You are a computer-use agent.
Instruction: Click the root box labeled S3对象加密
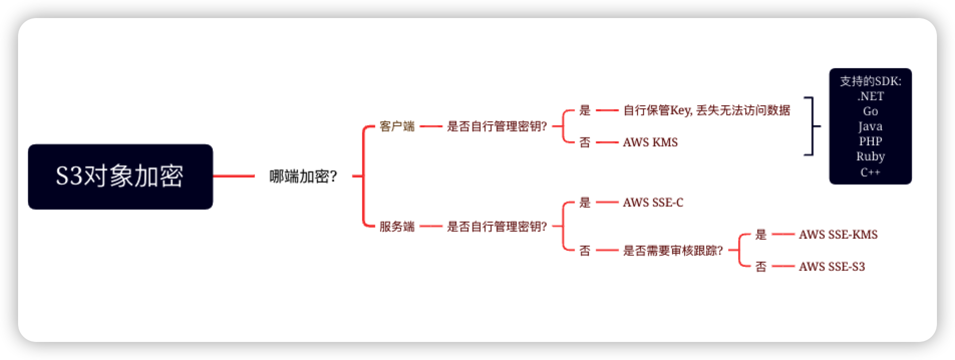click(120, 176)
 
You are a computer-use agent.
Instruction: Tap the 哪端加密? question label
click(303, 176)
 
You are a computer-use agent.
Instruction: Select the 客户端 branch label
click(397, 126)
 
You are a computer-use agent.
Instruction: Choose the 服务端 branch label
click(397, 227)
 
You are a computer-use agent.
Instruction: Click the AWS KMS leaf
click(650, 142)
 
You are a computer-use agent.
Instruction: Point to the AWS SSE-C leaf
click(653, 203)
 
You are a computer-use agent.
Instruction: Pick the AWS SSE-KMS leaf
click(838, 235)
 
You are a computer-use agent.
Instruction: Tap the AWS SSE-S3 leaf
click(832, 267)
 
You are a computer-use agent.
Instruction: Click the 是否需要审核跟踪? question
click(673, 251)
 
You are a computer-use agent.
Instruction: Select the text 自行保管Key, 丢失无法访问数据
click(706, 110)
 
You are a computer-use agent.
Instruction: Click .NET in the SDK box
click(870, 96)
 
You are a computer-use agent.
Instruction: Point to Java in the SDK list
click(870, 126)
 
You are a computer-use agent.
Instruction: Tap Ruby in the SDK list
click(870, 156)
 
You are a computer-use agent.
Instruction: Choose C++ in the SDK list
click(870, 172)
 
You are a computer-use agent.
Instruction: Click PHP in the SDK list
click(870, 141)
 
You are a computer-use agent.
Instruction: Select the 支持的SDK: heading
click(870, 81)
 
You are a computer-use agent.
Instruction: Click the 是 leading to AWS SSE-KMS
click(761, 235)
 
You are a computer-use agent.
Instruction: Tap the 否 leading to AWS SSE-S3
click(761, 267)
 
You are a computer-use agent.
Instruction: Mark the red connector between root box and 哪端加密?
click(234, 176)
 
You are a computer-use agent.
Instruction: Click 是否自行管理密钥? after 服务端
click(497, 227)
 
